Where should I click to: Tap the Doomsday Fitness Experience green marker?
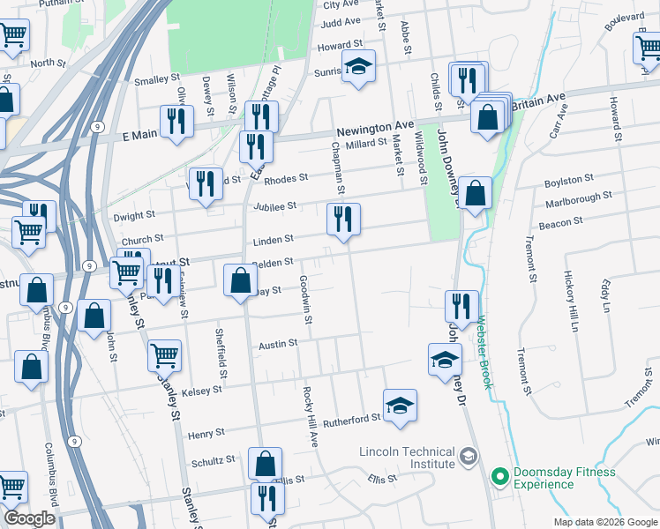point(500,477)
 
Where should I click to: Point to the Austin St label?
point(279,346)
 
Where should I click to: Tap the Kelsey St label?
point(201,389)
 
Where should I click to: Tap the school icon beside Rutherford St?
point(401,405)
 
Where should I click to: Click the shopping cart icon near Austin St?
point(164,354)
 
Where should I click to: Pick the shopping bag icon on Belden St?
point(240,280)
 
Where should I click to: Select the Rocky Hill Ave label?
point(311,416)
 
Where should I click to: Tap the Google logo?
point(29,518)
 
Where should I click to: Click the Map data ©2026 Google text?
point(605,522)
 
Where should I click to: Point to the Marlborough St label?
point(577,197)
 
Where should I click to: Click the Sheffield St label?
point(221,354)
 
